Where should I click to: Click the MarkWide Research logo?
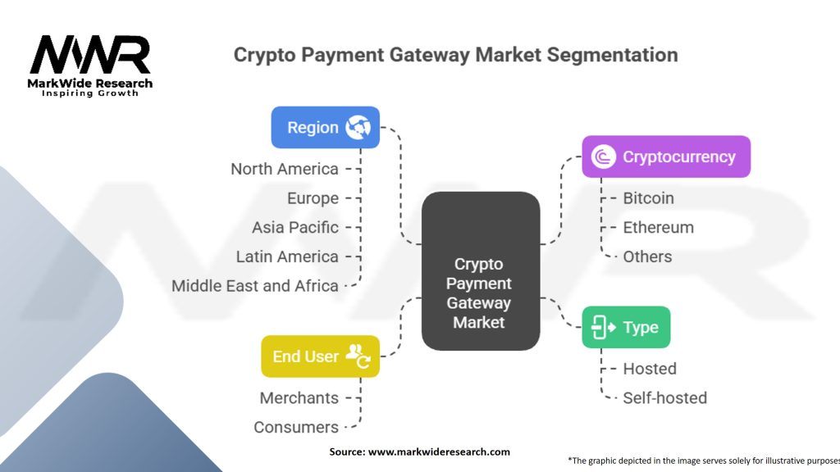[x=90, y=64]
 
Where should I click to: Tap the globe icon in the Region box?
[x=358, y=127]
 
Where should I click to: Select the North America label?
[x=284, y=169]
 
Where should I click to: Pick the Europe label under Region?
[x=313, y=198]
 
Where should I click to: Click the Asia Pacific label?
[x=294, y=227]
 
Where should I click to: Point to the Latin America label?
[x=286, y=256]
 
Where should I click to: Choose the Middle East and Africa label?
[x=254, y=286]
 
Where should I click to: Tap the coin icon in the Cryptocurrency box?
[x=603, y=157]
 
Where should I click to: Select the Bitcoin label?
[x=648, y=198]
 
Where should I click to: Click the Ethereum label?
[x=658, y=227]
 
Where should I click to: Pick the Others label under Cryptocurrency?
[x=647, y=256]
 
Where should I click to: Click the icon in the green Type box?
[x=603, y=327]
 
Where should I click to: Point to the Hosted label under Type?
[x=650, y=369]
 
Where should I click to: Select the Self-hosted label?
[x=664, y=397]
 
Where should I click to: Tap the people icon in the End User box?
[x=358, y=355]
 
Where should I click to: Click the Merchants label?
[x=299, y=397]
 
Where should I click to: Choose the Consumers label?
[x=295, y=427]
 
